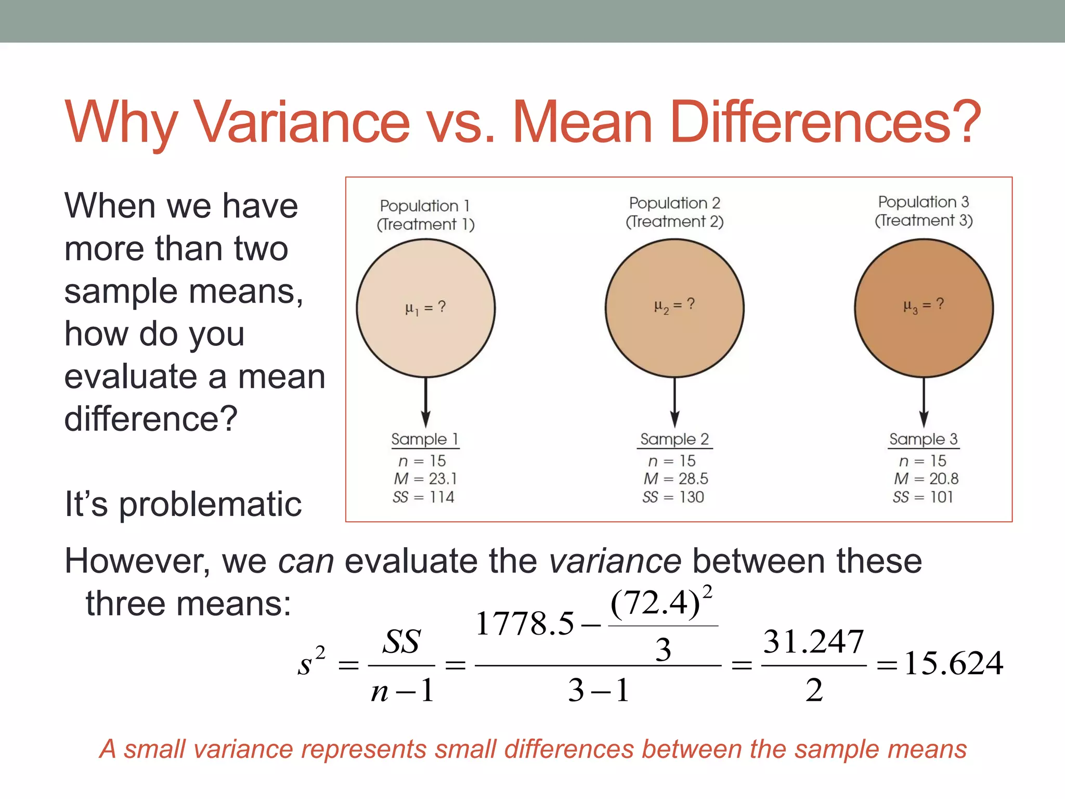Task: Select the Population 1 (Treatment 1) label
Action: pos(425,215)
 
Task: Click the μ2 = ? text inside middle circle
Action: pos(674,305)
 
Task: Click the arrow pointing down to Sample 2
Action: pos(674,403)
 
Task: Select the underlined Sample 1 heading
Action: pos(424,440)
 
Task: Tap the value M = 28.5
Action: pos(676,479)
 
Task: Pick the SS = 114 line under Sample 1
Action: pos(423,497)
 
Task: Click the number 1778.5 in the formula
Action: pos(524,624)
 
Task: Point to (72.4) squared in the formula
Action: pos(660,603)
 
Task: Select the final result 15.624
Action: pos(953,664)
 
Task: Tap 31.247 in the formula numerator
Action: pos(813,642)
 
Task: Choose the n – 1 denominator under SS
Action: pos(402,691)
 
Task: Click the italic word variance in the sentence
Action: pos(615,562)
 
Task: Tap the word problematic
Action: pos(210,505)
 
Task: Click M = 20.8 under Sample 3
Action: pos(926,479)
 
